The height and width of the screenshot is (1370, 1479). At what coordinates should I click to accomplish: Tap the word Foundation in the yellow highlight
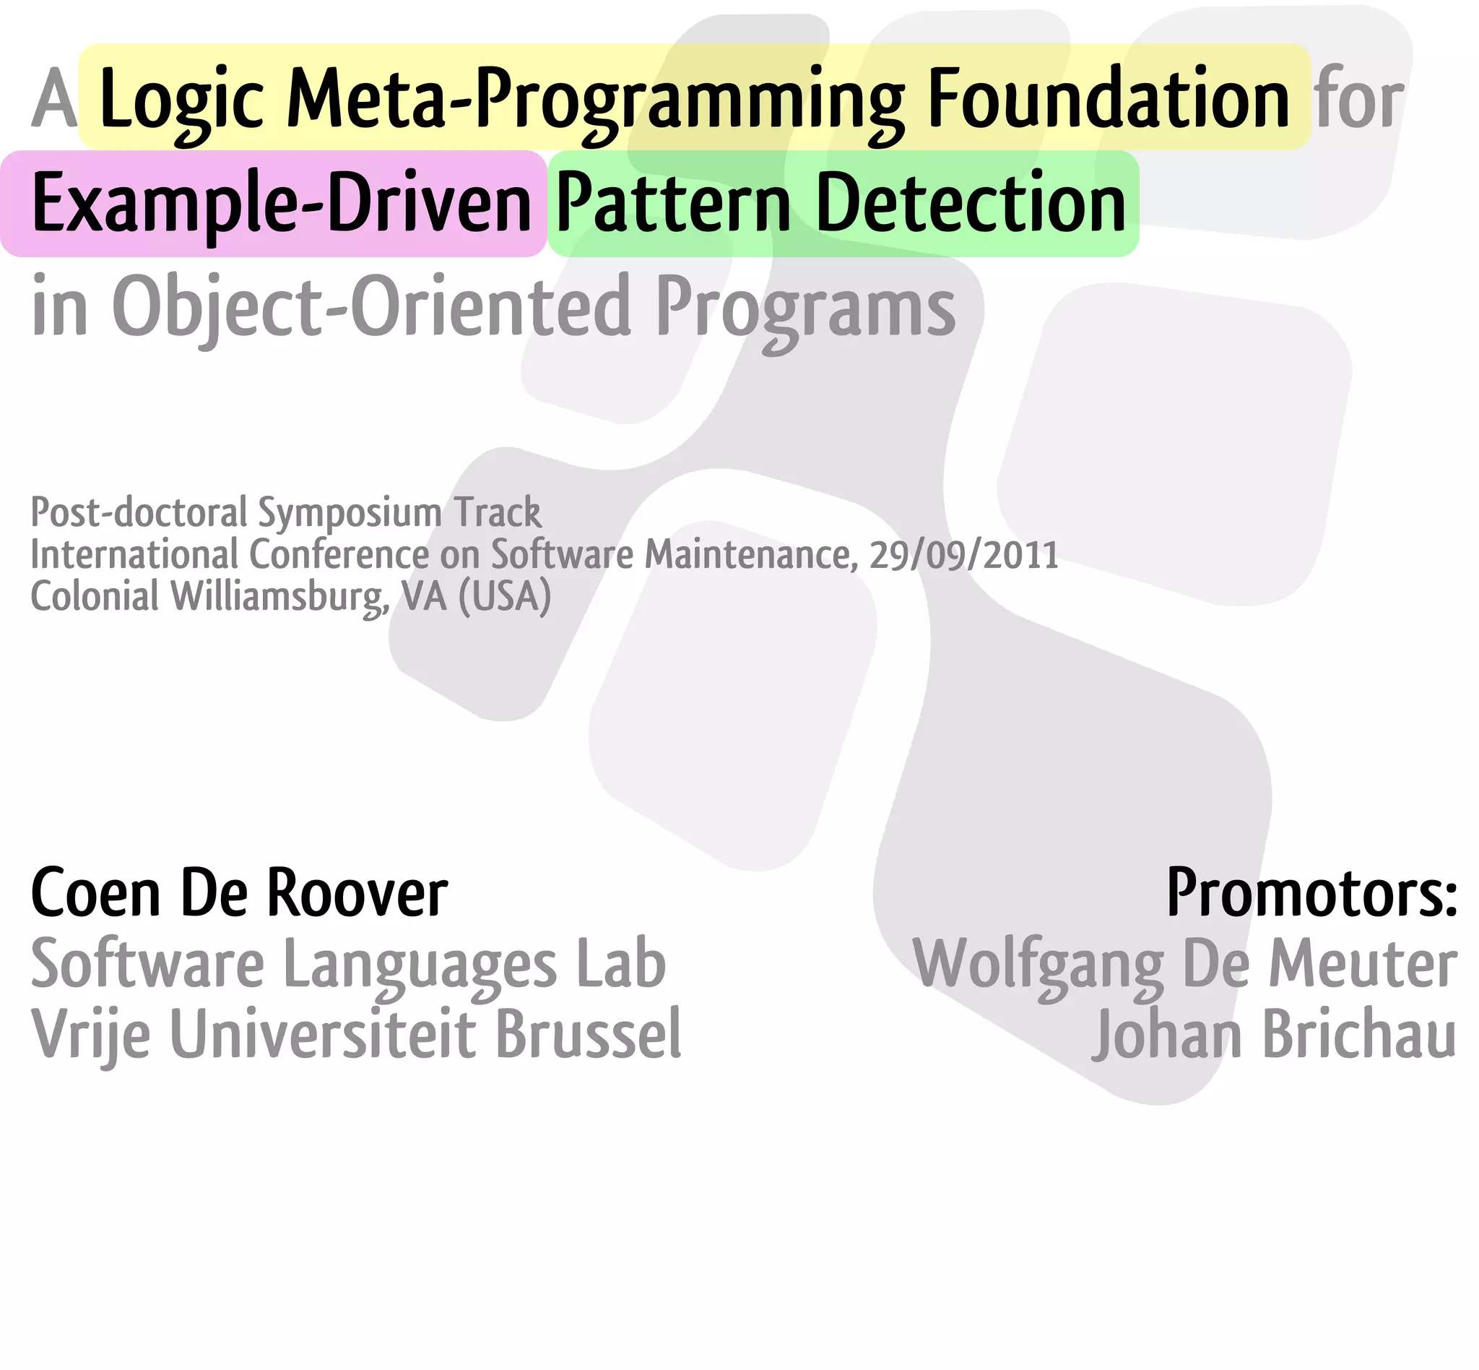point(1109,98)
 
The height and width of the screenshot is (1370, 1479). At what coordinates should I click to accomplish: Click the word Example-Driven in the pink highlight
point(282,203)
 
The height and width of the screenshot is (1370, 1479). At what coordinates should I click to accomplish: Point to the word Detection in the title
point(970,203)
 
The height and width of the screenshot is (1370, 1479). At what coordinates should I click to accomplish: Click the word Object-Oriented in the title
point(371,306)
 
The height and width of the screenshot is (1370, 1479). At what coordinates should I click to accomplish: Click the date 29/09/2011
point(963,553)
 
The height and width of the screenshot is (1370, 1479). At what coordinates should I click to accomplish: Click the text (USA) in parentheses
point(505,596)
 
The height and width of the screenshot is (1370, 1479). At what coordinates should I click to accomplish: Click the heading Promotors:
point(1311,893)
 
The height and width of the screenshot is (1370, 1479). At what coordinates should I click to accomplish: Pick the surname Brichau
point(1359,1034)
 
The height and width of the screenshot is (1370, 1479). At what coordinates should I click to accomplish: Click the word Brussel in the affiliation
point(589,1034)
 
